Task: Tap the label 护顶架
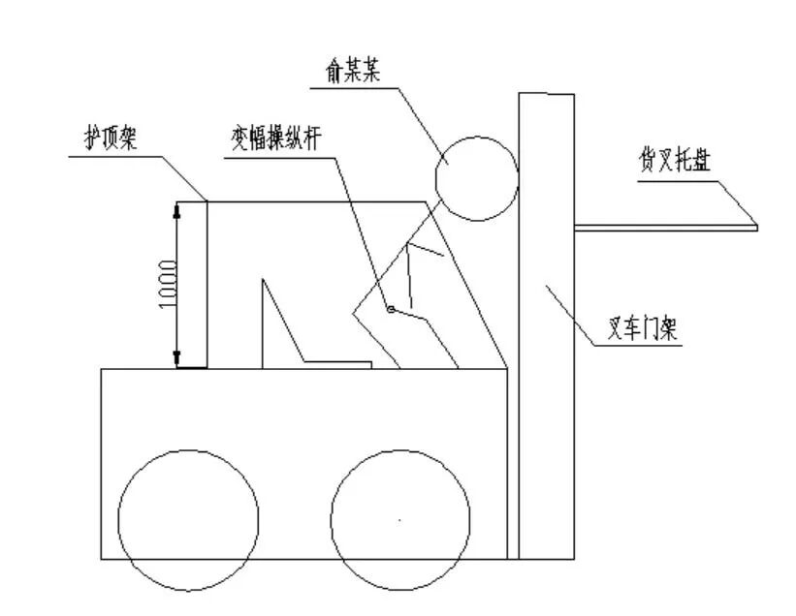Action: click(109, 139)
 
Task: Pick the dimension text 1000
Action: click(168, 284)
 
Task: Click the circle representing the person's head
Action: click(476, 178)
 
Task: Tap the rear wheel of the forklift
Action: click(188, 520)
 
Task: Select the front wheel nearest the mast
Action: click(400, 520)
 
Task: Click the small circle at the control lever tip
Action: click(390, 310)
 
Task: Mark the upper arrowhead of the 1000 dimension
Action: click(176, 207)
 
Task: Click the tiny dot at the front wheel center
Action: click(400, 521)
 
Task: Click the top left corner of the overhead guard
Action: click(207, 201)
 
